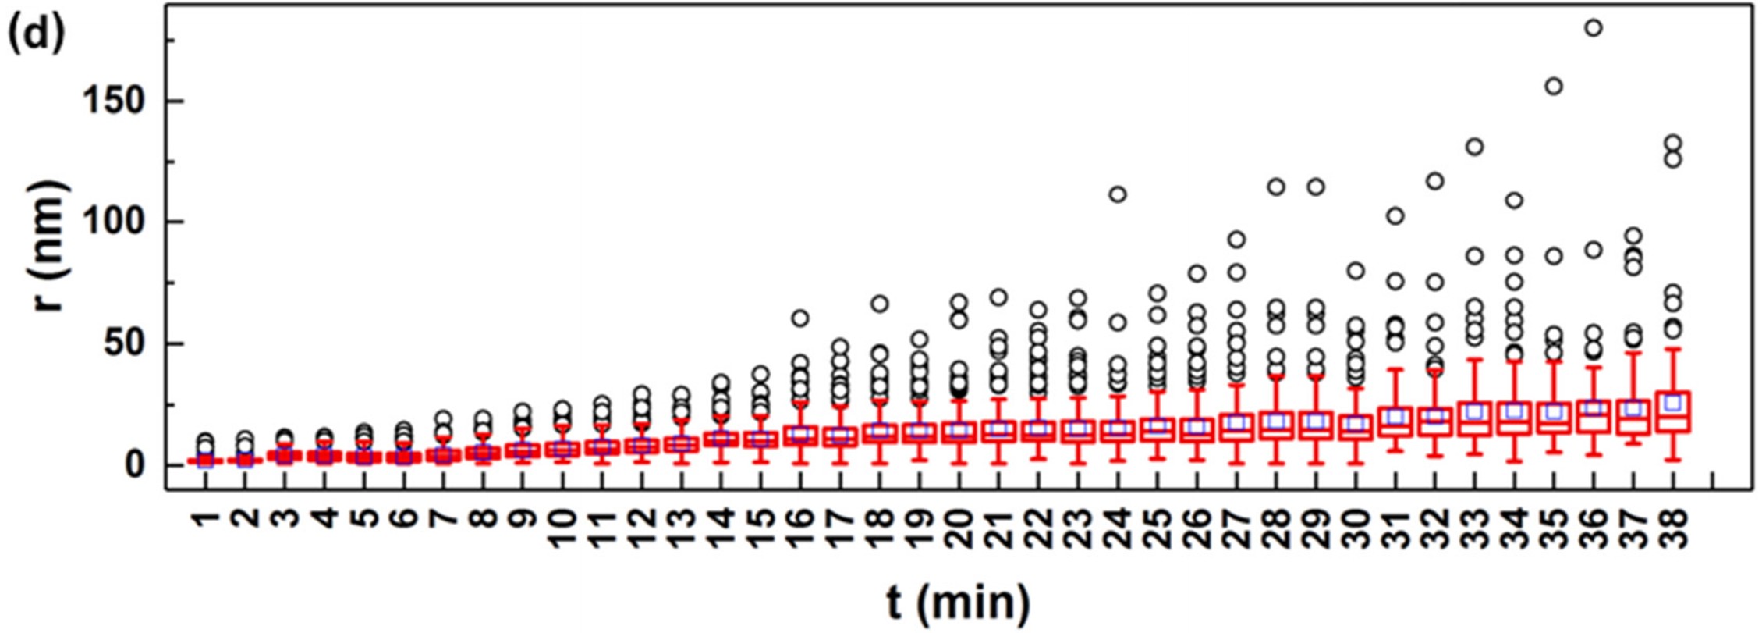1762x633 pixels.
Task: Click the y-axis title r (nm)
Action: coord(50,245)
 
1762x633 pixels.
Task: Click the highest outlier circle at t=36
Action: coord(1594,28)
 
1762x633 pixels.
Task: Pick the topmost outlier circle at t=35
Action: coord(1554,87)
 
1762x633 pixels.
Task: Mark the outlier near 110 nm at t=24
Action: coord(1118,194)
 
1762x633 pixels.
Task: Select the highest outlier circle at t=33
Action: coord(1474,147)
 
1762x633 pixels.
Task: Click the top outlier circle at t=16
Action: coord(800,318)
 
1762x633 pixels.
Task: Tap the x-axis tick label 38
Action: coord(1672,529)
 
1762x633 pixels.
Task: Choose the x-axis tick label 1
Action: coord(205,519)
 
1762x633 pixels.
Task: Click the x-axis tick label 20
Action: coord(959,529)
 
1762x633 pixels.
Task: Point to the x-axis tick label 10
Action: coord(562,529)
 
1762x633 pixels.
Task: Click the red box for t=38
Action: coord(1672,413)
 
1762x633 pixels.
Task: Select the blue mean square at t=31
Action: coord(1395,417)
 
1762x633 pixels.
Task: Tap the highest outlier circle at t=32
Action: coord(1435,182)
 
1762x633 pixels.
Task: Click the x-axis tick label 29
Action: coord(1316,529)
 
